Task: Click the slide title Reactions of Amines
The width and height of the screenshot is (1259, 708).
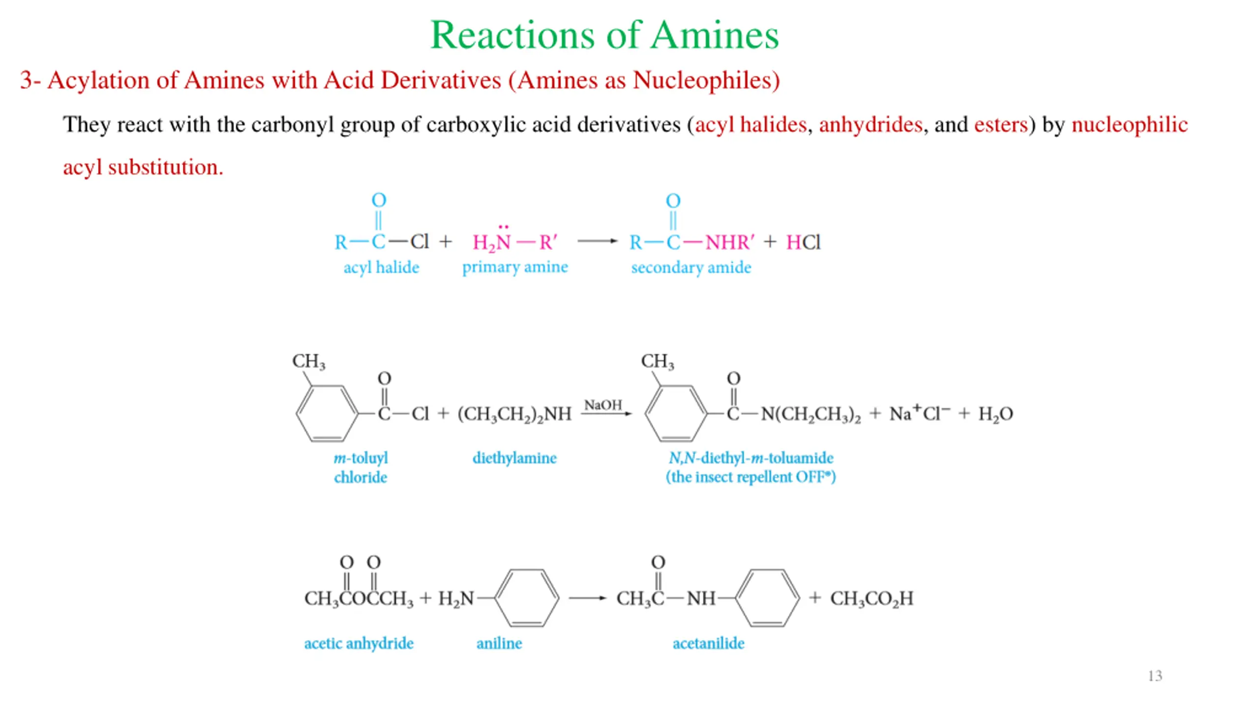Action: tap(604, 35)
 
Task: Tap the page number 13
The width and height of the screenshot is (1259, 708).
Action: tap(1155, 676)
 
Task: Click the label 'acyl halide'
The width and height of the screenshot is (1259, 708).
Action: tap(381, 267)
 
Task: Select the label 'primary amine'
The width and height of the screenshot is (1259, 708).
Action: tap(515, 267)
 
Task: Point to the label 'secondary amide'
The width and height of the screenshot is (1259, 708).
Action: tap(691, 267)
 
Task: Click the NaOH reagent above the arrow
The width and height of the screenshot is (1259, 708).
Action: tap(603, 405)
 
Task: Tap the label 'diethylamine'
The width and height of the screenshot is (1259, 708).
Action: tap(514, 458)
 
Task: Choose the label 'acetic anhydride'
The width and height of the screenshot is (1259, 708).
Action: tap(359, 643)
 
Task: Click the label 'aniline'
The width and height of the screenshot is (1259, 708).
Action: tap(499, 643)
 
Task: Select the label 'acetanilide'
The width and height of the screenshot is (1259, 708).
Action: tap(708, 643)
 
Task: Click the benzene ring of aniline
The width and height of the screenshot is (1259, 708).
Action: tap(527, 598)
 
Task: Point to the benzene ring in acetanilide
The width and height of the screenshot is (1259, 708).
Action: tap(767, 598)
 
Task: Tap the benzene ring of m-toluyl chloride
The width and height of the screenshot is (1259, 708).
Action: tap(327, 413)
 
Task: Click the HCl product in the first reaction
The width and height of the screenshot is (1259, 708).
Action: tap(803, 242)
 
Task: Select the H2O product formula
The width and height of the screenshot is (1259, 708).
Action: tap(995, 414)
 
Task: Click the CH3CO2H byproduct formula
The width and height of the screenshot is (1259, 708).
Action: tap(871, 599)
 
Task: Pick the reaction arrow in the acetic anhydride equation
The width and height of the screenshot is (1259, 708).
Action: tap(587, 598)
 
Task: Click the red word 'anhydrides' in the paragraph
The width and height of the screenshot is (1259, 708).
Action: tap(870, 124)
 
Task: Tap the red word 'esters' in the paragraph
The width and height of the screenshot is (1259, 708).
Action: tap(1001, 124)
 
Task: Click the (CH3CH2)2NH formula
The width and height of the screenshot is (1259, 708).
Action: tap(514, 414)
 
